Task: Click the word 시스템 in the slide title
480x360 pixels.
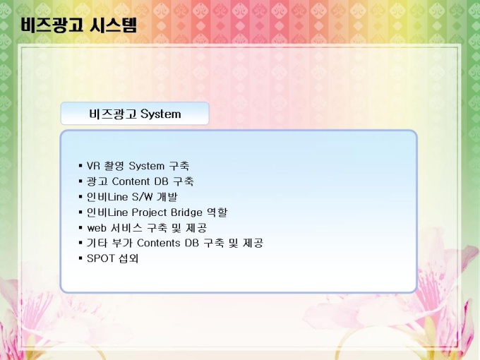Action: click(113, 25)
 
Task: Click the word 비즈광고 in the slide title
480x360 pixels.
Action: click(52, 25)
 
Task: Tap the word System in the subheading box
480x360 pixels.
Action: click(161, 114)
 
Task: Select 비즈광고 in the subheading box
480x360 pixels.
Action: click(112, 114)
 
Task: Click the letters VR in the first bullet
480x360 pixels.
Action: click(93, 166)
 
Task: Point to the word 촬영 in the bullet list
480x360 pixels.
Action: click(114, 166)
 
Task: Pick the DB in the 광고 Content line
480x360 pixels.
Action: click(161, 181)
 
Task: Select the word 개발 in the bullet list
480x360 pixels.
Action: click(167, 197)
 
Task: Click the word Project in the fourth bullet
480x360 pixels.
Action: click(149, 212)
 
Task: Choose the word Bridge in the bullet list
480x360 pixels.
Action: click(186, 212)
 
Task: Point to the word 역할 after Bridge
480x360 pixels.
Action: click(217, 212)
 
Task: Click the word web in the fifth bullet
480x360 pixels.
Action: click(96, 228)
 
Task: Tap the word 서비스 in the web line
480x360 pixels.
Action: click(126, 228)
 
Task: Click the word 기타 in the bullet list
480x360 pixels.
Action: click(97, 243)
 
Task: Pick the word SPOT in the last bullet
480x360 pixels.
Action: click(100, 258)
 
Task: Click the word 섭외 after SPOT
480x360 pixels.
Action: click(128, 258)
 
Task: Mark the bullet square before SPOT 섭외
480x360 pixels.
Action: click(80, 258)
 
